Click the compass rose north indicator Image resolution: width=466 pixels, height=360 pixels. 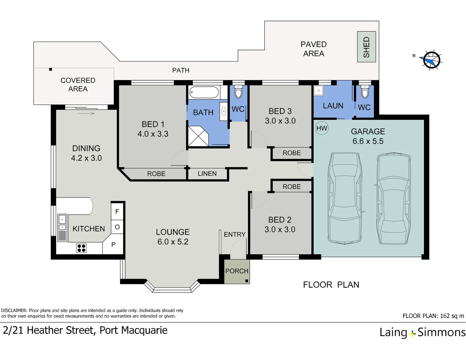[431, 60]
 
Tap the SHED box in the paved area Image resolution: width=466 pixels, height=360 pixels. [366, 47]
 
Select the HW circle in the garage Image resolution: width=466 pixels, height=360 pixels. [322, 128]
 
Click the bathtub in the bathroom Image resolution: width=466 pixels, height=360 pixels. [204, 92]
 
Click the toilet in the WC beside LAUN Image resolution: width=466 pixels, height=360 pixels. [365, 92]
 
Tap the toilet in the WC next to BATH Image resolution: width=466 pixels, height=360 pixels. [238, 92]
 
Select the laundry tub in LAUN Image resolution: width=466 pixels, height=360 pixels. [318, 90]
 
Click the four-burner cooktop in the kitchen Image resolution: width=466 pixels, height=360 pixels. [82, 248]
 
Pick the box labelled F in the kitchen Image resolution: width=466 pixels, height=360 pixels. [117, 211]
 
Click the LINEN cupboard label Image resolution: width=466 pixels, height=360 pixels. [207, 174]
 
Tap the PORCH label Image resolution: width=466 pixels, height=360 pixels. [237, 271]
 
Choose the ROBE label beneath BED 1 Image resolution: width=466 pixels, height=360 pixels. [156, 174]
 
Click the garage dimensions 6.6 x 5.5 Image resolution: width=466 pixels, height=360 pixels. [368, 141]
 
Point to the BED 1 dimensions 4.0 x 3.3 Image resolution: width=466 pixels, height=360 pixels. [153, 134]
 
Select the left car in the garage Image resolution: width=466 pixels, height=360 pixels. [345, 198]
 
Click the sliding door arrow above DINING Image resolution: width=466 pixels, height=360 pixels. [86, 114]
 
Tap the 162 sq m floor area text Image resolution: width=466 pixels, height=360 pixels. [452, 316]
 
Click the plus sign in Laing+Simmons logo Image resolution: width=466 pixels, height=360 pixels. [412, 333]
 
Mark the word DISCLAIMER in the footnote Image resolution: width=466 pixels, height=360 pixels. [14, 311]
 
